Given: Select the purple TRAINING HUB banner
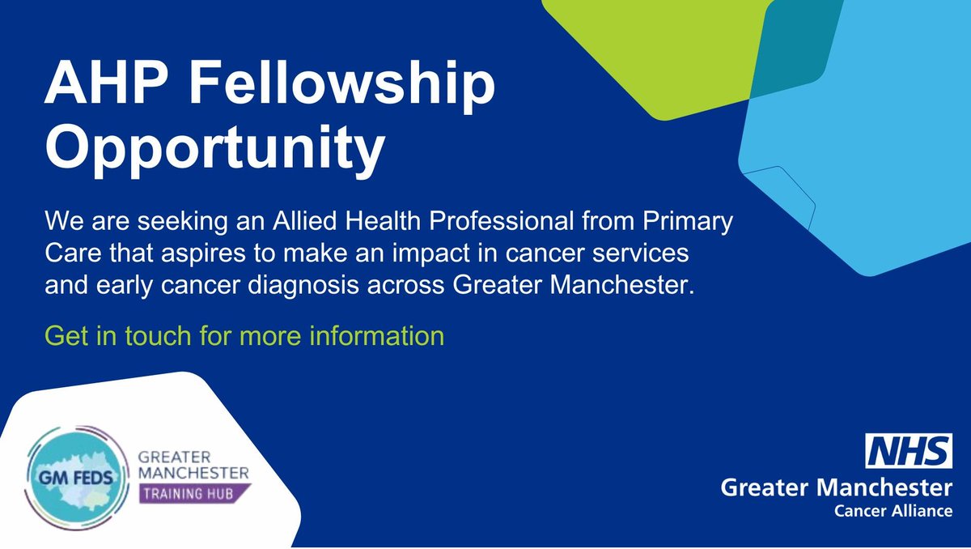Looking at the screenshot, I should coord(195,491).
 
